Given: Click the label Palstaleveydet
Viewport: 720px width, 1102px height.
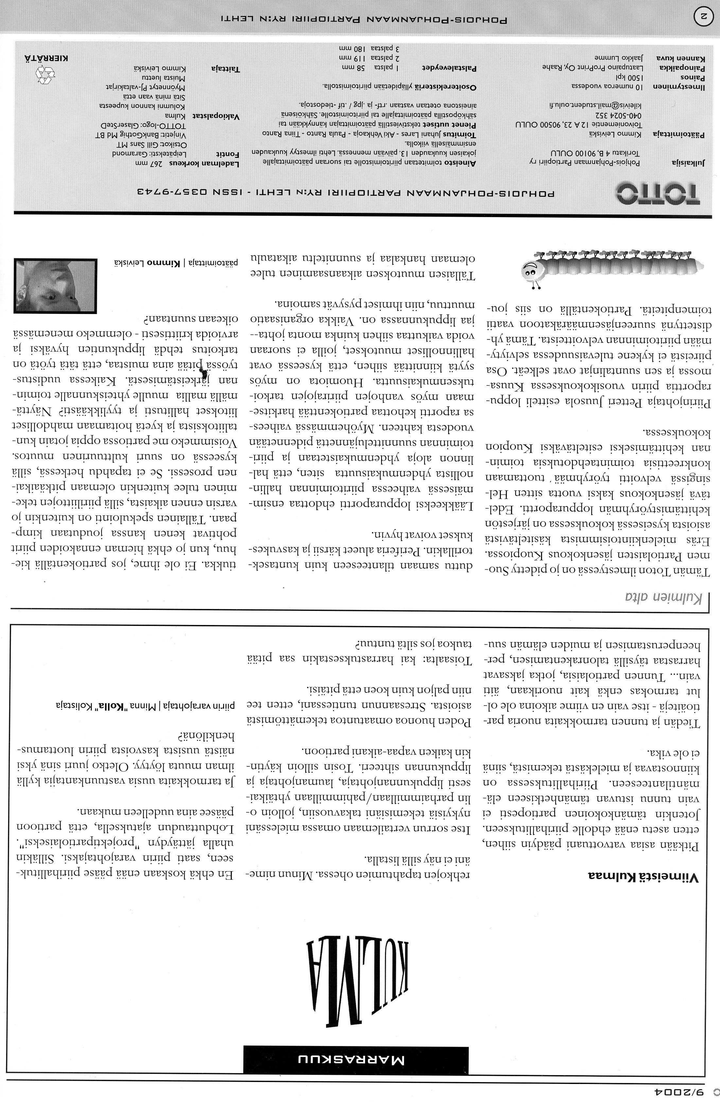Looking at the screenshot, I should [x=451, y=67].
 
